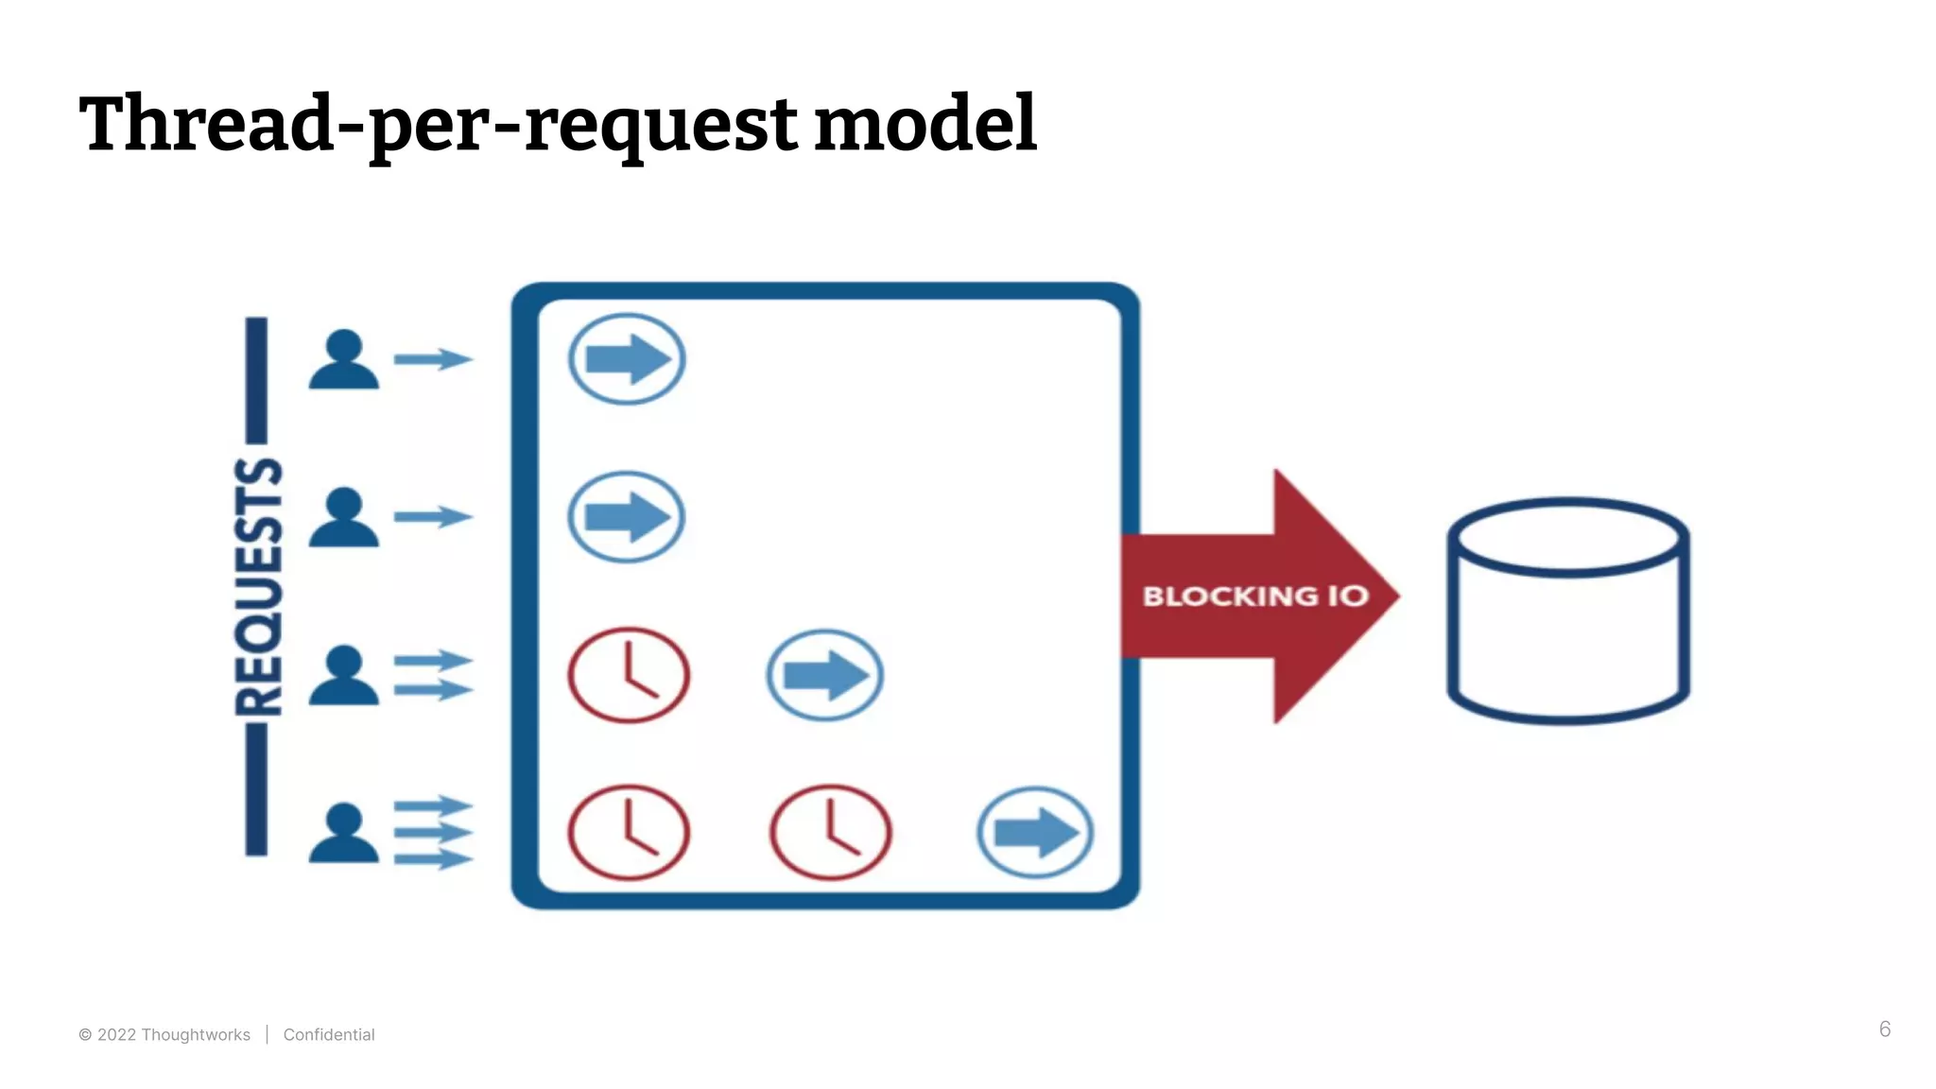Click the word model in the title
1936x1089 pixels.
[x=925, y=125]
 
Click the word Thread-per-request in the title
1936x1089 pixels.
[x=438, y=125]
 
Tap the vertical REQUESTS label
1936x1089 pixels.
[x=258, y=586]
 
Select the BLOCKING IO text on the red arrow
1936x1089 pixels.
[x=1254, y=596]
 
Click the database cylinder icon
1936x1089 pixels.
[x=1567, y=611]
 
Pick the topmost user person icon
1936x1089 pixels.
[x=344, y=359]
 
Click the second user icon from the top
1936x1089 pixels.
[x=344, y=517]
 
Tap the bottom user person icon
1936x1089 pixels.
[x=344, y=833]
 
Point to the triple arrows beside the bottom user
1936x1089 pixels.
[x=433, y=833]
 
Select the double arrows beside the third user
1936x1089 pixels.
[x=433, y=675]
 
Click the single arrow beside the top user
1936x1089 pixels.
[x=433, y=359]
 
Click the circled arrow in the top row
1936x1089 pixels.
[x=627, y=359]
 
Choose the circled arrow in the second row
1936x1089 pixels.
[x=627, y=517]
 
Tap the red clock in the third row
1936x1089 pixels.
[x=629, y=675]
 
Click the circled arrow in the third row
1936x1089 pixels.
[x=824, y=675]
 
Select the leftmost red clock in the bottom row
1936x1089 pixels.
[x=629, y=833]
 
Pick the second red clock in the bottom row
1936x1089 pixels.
[x=830, y=833]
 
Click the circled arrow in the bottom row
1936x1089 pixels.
[x=1035, y=833]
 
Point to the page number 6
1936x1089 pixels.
[x=1884, y=1029]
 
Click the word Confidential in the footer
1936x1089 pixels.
[x=329, y=1035]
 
